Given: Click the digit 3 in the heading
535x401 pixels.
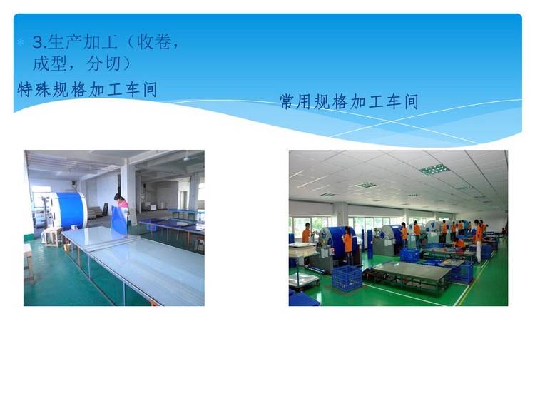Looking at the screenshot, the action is tap(39, 43).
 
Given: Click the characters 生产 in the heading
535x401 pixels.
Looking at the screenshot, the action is tap(65, 43).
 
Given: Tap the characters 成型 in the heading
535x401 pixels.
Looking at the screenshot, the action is tap(50, 64).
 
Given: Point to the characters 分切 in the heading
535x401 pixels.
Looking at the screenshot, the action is tap(103, 64).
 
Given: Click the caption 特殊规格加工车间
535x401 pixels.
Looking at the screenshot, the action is tap(87, 90).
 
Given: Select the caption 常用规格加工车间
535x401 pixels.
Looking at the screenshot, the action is tap(349, 102).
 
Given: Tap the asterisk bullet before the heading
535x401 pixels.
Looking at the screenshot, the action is tap(21, 43).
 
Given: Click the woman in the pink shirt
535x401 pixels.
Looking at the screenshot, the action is tap(121, 208).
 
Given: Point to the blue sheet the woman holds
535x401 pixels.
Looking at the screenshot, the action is tap(118, 220).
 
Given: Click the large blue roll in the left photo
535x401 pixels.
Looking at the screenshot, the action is tap(70, 210).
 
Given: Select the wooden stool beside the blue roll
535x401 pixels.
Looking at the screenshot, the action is tap(53, 237).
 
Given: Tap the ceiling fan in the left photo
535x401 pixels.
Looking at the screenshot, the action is tap(187, 158).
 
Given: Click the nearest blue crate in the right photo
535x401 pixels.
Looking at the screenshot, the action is tap(347, 278).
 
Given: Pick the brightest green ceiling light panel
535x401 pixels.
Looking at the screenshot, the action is tap(434, 169).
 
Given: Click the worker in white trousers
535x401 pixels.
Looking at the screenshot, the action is tap(479, 242).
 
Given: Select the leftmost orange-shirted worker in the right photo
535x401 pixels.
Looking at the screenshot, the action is tap(307, 233).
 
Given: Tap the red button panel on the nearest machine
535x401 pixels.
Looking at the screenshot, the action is tap(332, 252).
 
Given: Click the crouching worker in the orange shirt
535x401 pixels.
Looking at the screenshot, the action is tap(459, 243).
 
